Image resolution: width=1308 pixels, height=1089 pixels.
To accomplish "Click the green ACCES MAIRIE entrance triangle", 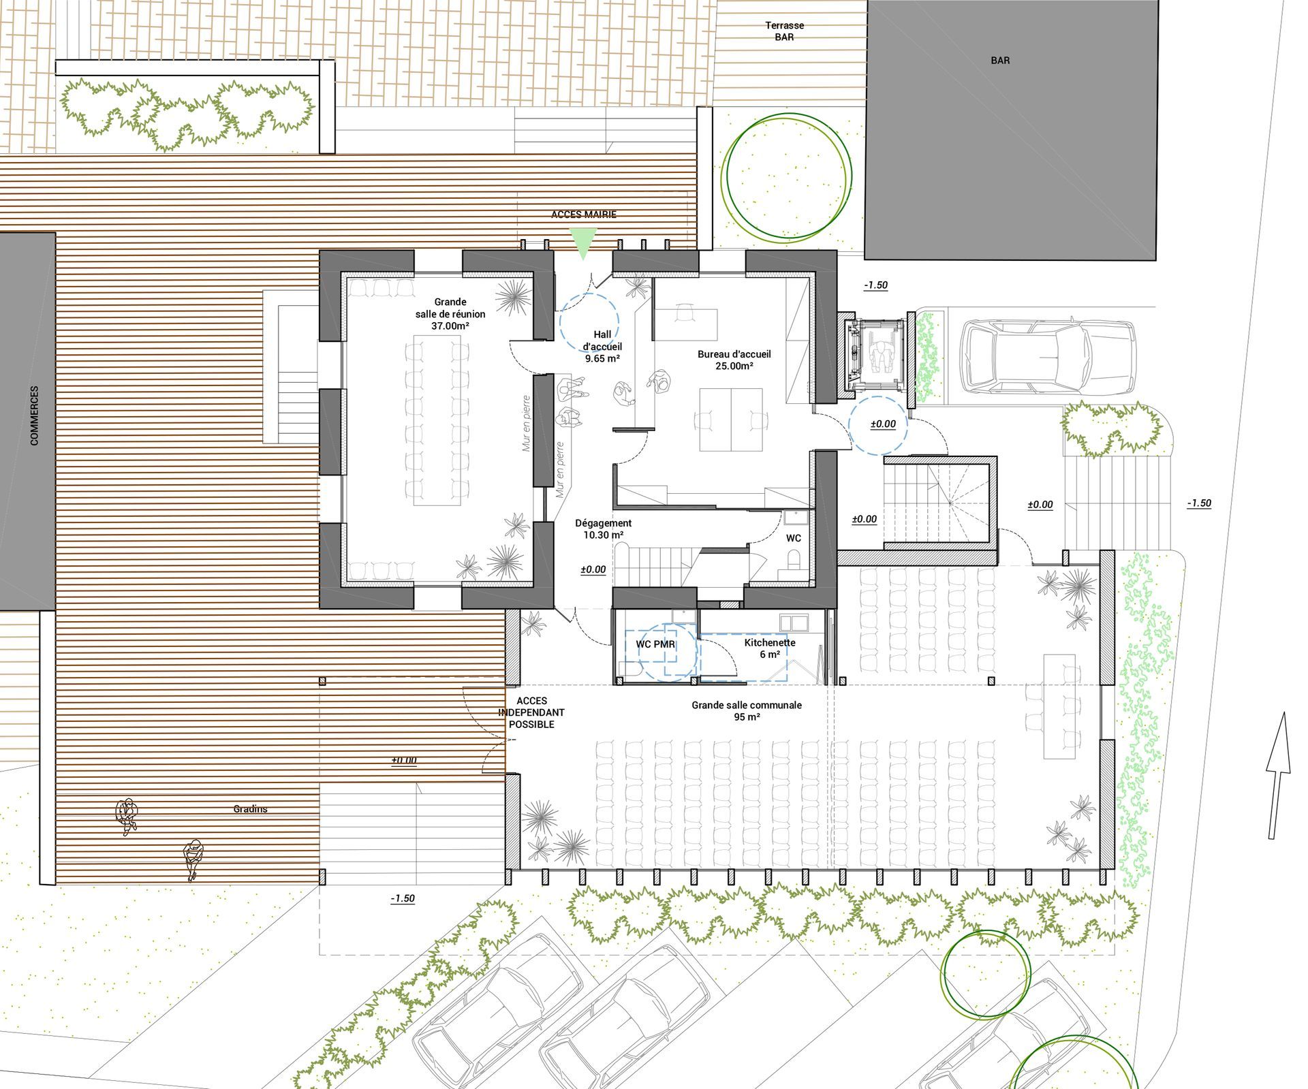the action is (583, 242).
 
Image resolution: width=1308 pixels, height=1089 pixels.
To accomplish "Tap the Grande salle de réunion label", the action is (450, 314).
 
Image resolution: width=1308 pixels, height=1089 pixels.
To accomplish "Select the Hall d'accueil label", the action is (602, 346).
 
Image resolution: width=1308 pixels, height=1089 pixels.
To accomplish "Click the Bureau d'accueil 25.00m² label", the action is (734, 360).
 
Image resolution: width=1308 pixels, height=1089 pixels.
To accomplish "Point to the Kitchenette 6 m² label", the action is (770, 648).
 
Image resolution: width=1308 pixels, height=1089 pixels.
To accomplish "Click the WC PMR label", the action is (655, 644).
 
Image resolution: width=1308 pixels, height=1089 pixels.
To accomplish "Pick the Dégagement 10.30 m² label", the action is (603, 529).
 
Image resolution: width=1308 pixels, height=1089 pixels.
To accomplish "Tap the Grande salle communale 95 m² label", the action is (747, 711).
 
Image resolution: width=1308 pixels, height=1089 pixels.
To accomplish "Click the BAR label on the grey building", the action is (1000, 61).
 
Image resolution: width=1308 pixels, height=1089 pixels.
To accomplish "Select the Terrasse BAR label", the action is (784, 31).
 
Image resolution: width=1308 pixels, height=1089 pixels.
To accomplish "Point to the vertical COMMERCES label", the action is (35, 416).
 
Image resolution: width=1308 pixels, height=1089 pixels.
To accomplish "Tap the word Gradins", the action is (250, 809).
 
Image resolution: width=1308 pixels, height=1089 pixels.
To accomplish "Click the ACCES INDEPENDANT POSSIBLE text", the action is (531, 712).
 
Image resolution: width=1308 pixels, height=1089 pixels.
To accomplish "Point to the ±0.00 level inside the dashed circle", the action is (883, 424).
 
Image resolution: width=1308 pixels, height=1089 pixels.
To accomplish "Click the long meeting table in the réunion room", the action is (436, 419).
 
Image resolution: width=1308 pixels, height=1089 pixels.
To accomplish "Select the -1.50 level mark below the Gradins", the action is (403, 898).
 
